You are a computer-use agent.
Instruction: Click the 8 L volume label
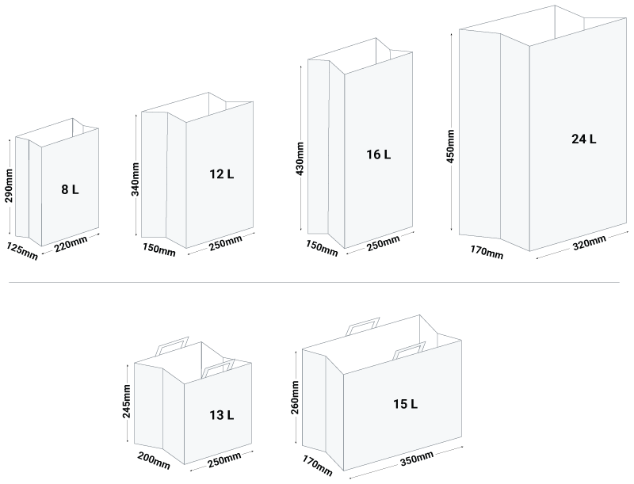coord(70,189)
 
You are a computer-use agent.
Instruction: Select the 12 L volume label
coord(222,174)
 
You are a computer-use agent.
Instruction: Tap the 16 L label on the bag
coord(379,154)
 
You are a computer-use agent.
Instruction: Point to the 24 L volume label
coord(584,139)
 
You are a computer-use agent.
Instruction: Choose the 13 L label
coord(222,415)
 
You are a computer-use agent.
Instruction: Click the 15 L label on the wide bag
coord(406,404)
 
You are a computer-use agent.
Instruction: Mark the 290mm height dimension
coord(9,185)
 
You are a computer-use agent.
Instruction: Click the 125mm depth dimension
coord(22,251)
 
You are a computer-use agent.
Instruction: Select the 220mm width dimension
coord(71,244)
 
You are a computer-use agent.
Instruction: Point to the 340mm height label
coord(135,179)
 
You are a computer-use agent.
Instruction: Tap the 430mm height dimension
coord(300,158)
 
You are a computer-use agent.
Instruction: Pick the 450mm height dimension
coord(450,147)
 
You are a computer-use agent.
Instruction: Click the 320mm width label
coord(590,242)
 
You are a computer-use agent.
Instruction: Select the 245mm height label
coord(127,401)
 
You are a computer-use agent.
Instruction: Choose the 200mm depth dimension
coord(154,461)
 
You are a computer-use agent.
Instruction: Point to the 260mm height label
coord(294,398)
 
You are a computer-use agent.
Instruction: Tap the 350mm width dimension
coord(417,459)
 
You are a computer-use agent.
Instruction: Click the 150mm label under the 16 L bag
coord(322,248)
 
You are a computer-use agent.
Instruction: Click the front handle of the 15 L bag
coord(410,350)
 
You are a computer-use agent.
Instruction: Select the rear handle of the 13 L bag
coord(172,346)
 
